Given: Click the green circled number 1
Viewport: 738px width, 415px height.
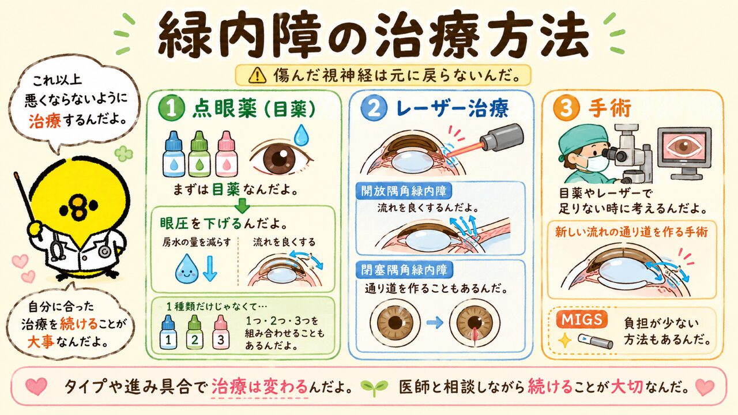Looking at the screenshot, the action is point(171,109).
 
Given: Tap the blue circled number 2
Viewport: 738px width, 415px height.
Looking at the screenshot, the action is point(373,109).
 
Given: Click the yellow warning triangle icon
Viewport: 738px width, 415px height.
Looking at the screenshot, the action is point(257,76).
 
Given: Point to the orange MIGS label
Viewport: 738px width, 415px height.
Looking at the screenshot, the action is point(582,319).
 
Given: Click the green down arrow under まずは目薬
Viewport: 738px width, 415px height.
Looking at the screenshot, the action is point(243,205).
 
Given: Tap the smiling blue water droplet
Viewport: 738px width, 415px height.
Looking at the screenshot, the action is point(186,269).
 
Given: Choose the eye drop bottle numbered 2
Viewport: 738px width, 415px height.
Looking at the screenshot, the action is point(195,332).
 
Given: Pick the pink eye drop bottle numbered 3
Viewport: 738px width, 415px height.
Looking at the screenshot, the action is point(221,332).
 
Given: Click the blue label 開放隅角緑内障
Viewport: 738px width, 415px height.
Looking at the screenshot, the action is point(404,191).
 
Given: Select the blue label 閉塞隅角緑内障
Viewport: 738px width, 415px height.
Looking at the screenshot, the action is point(404,270).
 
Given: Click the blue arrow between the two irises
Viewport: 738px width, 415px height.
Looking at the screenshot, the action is point(435,323).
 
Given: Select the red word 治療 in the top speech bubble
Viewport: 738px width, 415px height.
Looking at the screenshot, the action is point(45,120).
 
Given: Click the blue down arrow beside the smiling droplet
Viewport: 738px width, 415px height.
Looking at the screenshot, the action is point(210,269).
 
